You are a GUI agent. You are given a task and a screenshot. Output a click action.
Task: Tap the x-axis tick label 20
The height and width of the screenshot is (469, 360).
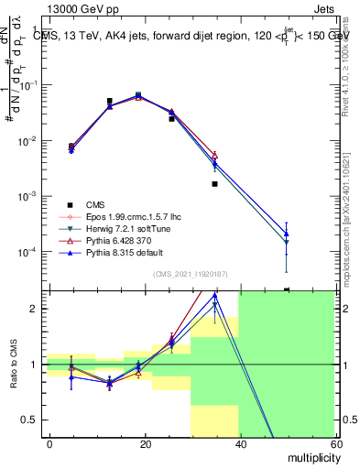[x=145, y=443]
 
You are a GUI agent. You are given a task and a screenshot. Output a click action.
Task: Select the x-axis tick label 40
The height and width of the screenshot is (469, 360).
[x=240, y=443]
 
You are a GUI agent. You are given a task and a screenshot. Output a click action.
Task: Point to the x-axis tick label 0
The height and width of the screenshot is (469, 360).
[x=49, y=443]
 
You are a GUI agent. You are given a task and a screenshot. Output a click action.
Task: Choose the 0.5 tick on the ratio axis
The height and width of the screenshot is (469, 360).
[x=33, y=420]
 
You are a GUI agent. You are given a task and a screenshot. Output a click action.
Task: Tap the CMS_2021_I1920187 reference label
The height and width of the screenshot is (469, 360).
[x=191, y=273]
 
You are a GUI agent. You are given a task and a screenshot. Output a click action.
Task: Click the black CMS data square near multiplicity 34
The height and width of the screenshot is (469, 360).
[x=214, y=184]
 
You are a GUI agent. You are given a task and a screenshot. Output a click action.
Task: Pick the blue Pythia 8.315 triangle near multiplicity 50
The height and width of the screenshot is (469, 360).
[x=287, y=243]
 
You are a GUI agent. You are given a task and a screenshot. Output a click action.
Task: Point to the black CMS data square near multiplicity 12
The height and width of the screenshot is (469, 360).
[x=109, y=101]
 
